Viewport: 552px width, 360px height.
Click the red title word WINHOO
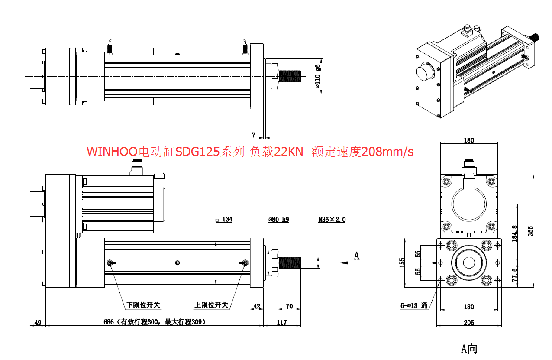111,152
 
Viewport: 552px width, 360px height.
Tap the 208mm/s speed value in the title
387,152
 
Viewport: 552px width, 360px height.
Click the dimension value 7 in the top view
254,135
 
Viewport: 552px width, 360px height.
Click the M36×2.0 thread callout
332,220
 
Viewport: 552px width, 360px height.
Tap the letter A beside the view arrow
357,256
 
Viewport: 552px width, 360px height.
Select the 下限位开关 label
143,305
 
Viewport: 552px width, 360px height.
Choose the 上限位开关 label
211,305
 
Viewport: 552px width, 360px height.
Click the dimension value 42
257,306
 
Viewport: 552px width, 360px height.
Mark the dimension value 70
289,306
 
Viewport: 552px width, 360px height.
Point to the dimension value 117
281,322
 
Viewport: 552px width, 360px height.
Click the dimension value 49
38,322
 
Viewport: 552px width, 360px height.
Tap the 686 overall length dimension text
154,322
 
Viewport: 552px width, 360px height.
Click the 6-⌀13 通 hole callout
414,306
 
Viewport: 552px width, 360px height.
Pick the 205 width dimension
469,323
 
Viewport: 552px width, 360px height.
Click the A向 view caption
469,348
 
